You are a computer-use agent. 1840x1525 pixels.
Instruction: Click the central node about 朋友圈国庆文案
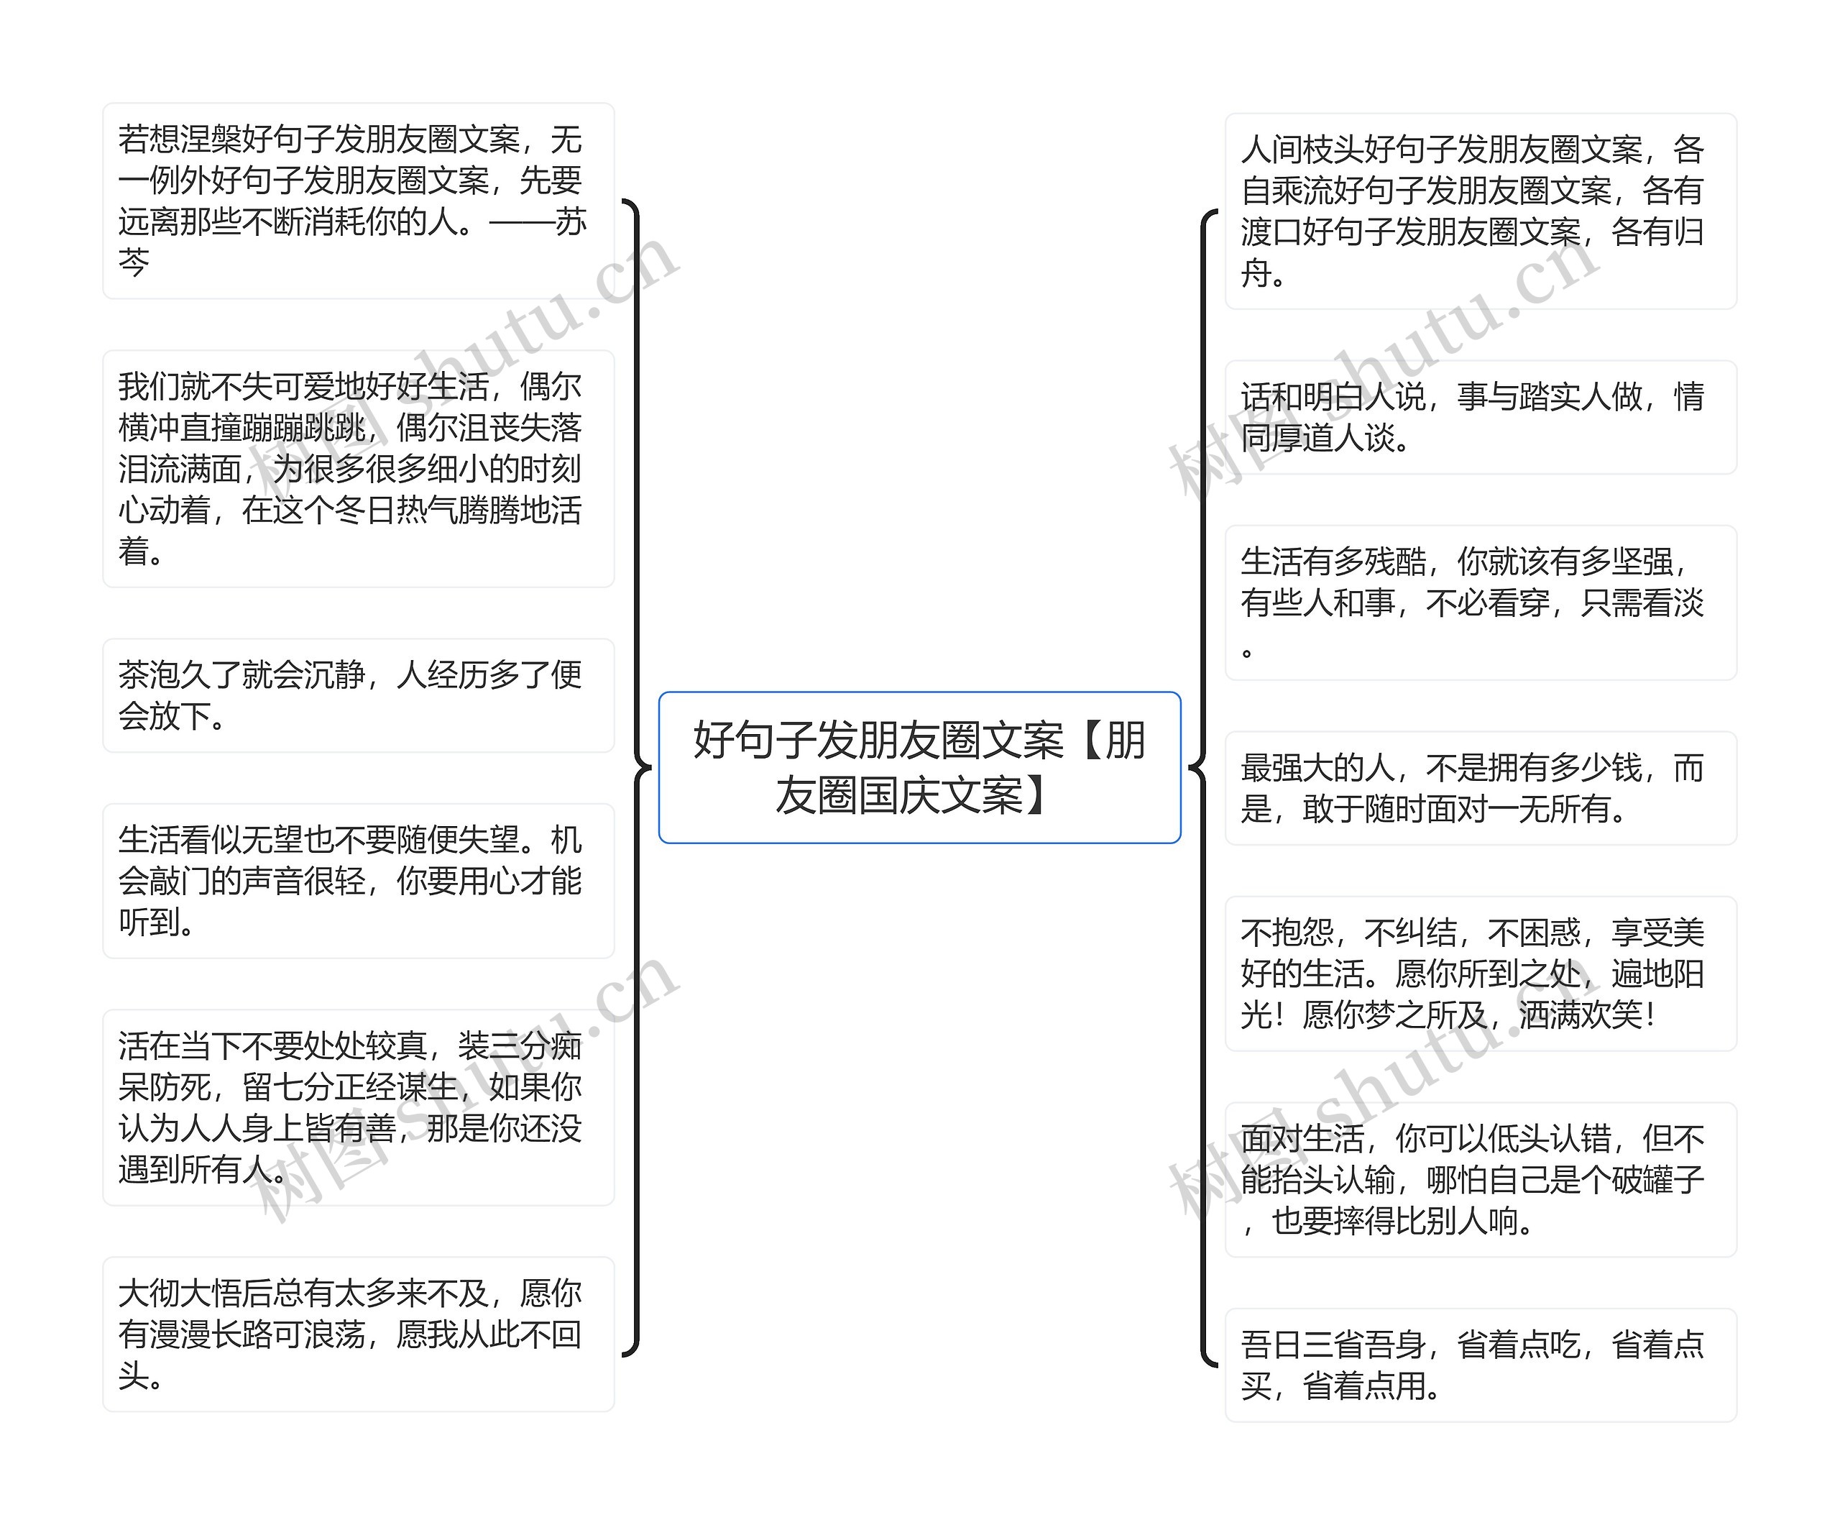pos(919,767)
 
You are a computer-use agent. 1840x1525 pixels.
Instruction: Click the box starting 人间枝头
pos(1480,211)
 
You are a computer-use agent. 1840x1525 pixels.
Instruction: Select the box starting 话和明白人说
pos(1480,417)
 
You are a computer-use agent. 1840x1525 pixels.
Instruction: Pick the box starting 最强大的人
pos(1480,788)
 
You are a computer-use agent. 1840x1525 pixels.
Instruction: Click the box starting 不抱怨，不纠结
pos(1480,973)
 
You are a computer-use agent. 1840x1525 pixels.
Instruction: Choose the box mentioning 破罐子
pos(1480,1179)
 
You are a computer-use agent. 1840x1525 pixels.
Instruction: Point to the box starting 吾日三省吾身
pos(1480,1365)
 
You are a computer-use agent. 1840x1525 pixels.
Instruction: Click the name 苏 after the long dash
pos(571,221)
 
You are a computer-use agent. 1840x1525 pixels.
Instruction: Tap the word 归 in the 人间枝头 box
pos(1688,232)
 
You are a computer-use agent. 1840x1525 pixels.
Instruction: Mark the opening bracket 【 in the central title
pos(1085,741)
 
